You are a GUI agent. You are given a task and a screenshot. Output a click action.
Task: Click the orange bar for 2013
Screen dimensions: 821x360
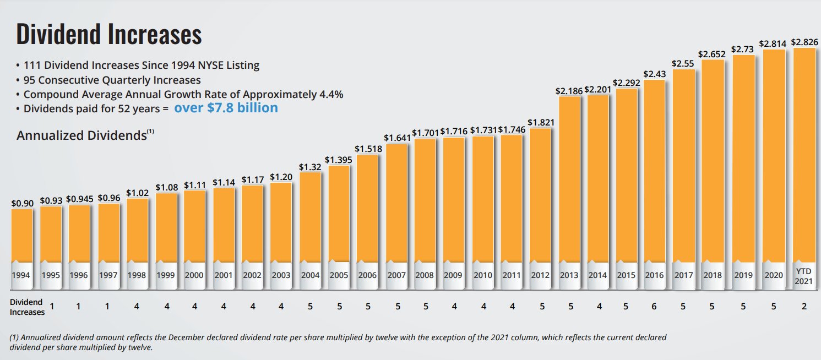point(569,179)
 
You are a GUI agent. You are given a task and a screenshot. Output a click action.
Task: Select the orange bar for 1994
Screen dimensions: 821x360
point(22,236)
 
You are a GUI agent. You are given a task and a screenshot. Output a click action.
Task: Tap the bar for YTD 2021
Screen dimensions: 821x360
point(804,155)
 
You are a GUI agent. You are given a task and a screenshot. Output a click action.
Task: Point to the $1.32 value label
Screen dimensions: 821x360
point(309,167)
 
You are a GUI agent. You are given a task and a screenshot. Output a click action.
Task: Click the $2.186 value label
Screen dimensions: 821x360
point(569,91)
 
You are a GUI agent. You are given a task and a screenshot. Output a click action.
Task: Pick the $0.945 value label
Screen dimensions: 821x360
point(79,199)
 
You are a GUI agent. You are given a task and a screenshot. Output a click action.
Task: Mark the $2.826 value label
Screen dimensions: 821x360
point(804,42)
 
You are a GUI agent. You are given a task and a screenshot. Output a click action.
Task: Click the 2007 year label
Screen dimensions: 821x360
point(396,275)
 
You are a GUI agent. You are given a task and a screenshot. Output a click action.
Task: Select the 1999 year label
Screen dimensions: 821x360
point(166,275)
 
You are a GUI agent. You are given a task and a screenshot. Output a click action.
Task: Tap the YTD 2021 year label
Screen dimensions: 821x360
point(804,276)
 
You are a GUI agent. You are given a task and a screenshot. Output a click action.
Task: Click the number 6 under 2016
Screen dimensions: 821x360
point(654,306)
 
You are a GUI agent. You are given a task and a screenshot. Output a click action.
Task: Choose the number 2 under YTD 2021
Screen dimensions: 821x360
point(804,306)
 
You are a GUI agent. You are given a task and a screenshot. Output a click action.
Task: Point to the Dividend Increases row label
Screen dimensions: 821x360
point(27,307)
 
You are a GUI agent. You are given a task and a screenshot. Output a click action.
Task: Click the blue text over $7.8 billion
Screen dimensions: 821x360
point(226,108)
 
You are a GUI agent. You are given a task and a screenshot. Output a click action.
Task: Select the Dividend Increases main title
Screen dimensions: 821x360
point(109,34)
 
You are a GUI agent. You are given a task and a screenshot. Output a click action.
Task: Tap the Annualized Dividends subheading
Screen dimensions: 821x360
point(85,135)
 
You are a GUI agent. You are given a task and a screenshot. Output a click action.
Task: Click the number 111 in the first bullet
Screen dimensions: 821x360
point(32,65)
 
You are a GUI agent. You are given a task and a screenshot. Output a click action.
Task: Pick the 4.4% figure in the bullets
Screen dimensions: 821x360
point(331,95)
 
